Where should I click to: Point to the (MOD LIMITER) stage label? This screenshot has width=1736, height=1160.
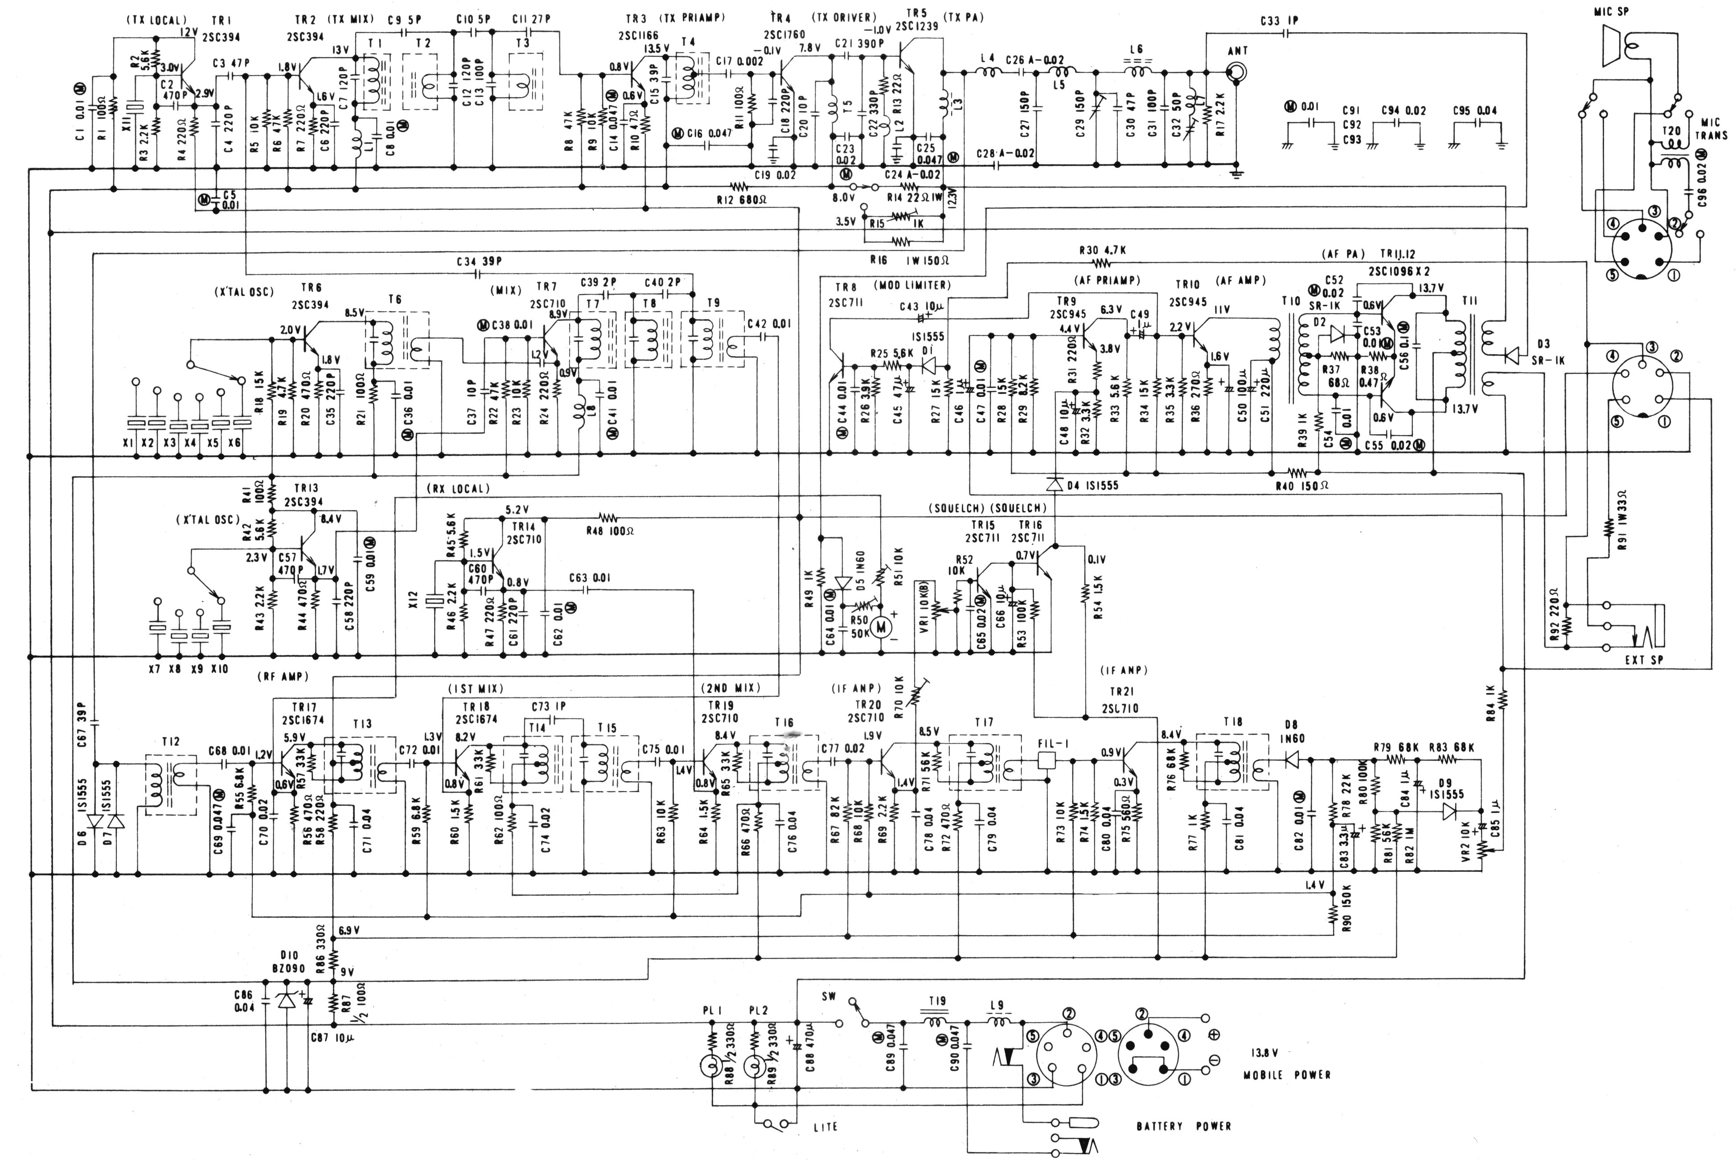(911, 285)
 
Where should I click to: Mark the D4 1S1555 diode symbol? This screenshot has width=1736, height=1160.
(1054, 484)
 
